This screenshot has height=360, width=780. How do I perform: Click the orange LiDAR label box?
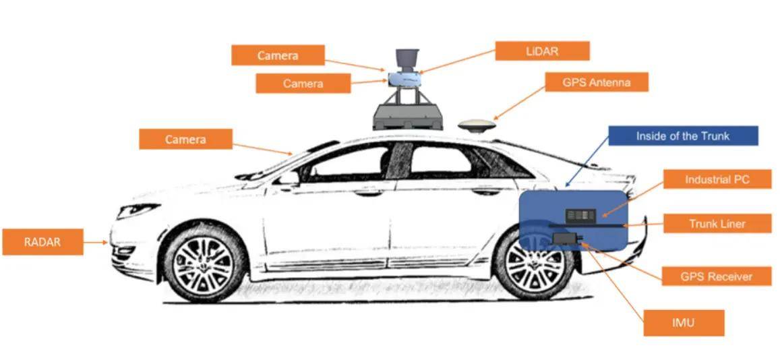(x=542, y=51)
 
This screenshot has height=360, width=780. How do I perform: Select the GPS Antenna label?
(x=597, y=82)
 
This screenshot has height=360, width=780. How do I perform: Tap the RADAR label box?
(x=42, y=242)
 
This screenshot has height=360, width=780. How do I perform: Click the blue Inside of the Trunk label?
(x=682, y=136)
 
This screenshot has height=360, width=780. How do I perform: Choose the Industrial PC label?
(x=717, y=179)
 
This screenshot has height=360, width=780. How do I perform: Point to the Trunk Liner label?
(x=717, y=223)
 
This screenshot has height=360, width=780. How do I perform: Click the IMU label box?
(x=684, y=323)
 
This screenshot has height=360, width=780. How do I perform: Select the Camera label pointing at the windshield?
(x=185, y=140)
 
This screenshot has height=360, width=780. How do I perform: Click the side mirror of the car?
(x=287, y=178)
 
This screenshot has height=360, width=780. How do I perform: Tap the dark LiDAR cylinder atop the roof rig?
(x=406, y=59)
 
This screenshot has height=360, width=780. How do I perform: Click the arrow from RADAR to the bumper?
(x=96, y=242)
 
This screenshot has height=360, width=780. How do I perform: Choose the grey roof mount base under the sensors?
(x=407, y=117)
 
